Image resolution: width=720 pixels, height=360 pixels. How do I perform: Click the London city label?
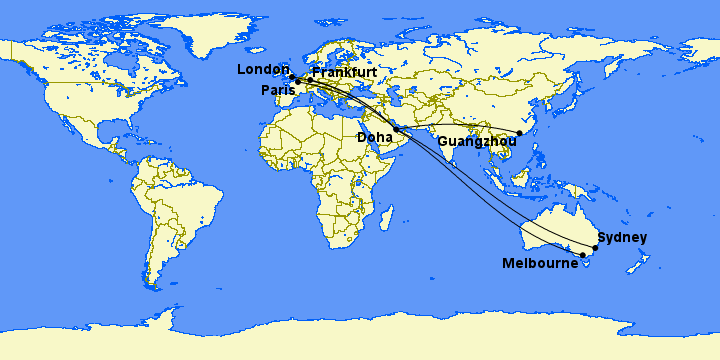pos(262,69)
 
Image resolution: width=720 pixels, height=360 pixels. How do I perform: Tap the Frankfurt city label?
pos(344,73)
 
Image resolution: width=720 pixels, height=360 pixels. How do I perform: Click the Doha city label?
pos(375,137)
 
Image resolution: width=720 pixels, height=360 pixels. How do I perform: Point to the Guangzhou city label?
pos(476,142)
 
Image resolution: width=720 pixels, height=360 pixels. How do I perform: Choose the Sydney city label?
pos(622,238)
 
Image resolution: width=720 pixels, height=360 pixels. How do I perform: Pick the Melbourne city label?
pos(541,263)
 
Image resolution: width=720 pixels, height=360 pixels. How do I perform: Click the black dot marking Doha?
pos(397,130)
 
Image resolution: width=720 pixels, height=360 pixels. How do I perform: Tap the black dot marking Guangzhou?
pos(519,133)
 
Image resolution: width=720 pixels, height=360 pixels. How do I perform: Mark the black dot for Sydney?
pos(595,247)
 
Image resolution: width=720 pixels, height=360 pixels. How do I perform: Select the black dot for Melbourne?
pos(583,256)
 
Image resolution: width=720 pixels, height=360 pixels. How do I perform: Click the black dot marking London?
pos(291,77)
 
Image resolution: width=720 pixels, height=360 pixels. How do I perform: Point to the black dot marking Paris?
pos(297,81)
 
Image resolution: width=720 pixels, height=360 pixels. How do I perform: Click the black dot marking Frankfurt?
pos(309,79)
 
